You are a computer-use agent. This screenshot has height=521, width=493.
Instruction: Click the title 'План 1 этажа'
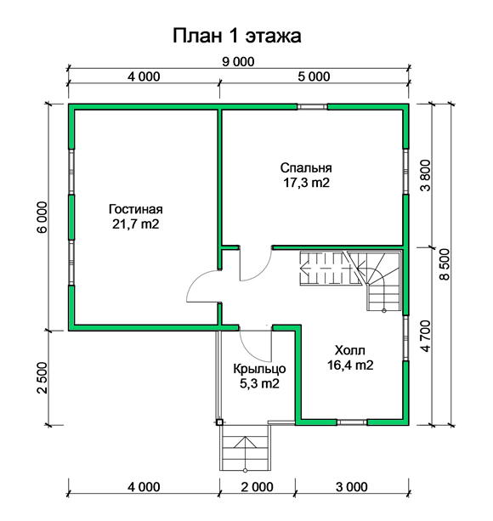(x=237, y=36)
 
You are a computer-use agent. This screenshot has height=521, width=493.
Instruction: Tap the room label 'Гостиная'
(x=135, y=209)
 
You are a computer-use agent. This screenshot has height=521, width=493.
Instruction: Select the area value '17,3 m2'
(x=306, y=183)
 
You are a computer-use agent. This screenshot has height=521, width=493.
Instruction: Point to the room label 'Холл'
(x=350, y=350)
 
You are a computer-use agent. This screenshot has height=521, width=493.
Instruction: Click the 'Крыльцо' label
(x=259, y=369)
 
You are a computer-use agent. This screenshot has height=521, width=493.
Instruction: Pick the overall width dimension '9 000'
(x=238, y=61)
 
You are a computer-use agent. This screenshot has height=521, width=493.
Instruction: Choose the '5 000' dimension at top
(x=314, y=76)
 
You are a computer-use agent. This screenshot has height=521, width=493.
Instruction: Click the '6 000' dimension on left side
(x=42, y=218)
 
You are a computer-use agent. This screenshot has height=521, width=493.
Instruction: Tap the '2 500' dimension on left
(x=42, y=378)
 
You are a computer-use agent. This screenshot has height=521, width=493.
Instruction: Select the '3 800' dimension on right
(x=425, y=175)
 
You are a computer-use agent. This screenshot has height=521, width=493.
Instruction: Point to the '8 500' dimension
(x=445, y=264)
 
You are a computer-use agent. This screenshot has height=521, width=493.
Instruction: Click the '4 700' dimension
(x=425, y=336)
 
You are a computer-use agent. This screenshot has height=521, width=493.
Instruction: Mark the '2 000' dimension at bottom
(x=258, y=487)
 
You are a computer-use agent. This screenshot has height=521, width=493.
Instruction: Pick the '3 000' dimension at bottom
(x=352, y=487)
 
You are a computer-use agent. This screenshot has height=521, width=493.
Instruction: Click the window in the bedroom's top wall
(x=312, y=106)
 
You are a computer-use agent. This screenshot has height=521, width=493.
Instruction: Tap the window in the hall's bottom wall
(x=352, y=422)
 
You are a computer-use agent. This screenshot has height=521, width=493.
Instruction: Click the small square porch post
(x=219, y=422)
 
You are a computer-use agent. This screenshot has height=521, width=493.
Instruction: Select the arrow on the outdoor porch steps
(x=245, y=453)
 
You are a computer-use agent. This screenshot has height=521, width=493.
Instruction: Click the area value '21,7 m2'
(x=135, y=224)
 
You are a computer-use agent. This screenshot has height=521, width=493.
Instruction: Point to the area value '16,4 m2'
(x=350, y=365)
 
